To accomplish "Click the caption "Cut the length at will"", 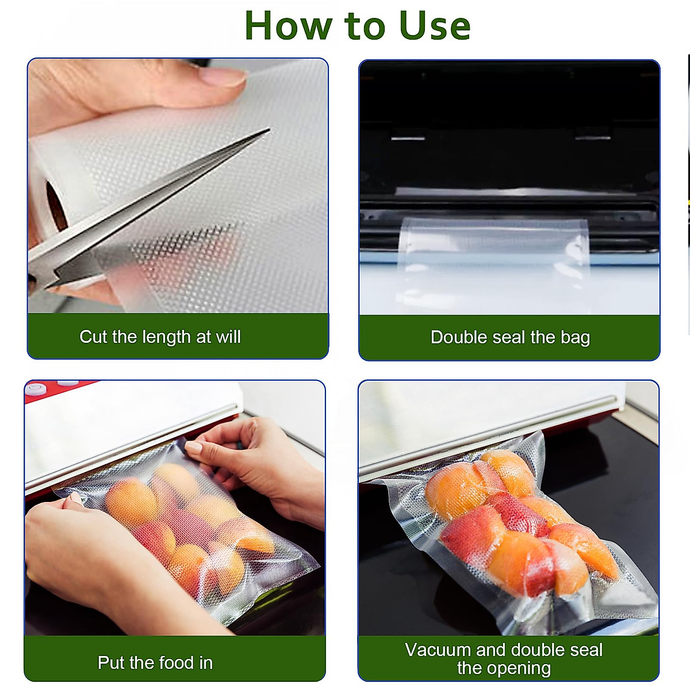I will (x=160, y=336).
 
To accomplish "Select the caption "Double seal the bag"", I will (x=510, y=337).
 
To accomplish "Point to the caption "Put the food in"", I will (x=155, y=662).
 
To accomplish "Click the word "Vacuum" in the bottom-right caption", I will (x=438, y=650).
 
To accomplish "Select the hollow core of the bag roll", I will (x=55, y=205).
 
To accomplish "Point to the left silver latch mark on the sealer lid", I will (x=408, y=138).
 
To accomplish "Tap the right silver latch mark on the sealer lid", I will (x=592, y=138).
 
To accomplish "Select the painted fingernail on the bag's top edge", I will (x=194, y=447).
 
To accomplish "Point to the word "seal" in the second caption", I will (x=508, y=337).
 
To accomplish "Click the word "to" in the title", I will (x=366, y=26).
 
